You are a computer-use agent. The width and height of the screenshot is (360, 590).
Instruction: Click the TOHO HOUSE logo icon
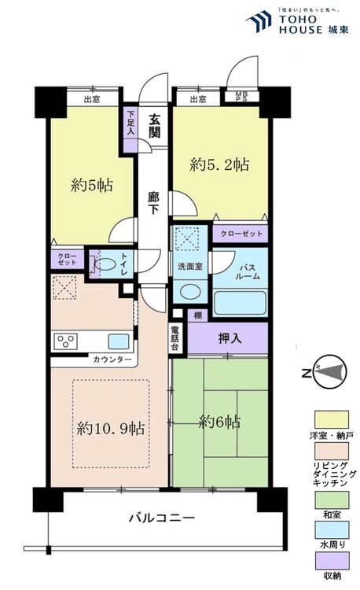pyautogui.click(x=258, y=21)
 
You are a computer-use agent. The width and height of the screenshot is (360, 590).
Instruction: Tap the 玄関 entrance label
pyautogui.click(x=155, y=126)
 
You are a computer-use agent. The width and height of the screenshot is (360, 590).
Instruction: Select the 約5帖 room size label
pyautogui.click(x=92, y=186)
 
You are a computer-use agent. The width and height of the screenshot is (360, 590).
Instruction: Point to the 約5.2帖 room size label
pyautogui.click(x=220, y=165)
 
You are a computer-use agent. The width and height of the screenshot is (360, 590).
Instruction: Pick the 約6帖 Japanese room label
pyautogui.click(x=219, y=422)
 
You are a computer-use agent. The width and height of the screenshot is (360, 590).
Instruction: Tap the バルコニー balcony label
pyautogui.click(x=162, y=518)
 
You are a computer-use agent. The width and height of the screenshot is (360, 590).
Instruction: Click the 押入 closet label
pyautogui.click(x=229, y=337)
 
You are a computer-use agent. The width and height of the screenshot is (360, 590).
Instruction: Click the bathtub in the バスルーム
pyautogui.click(x=241, y=303)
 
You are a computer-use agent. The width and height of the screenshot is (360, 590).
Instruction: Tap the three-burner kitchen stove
pyautogui.click(x=65, y=341)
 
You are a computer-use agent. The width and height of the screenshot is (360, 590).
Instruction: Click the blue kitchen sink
pyautogui.click(x=118, y=341)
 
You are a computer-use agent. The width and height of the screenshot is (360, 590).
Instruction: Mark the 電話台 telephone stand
pyautogui.click(x=174, y=337)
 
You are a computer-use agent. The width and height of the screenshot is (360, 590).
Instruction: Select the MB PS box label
pyautogui.click(x=241, y=98)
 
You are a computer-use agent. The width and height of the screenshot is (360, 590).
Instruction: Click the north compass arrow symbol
pyautogui.click(x=327, y=370)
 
